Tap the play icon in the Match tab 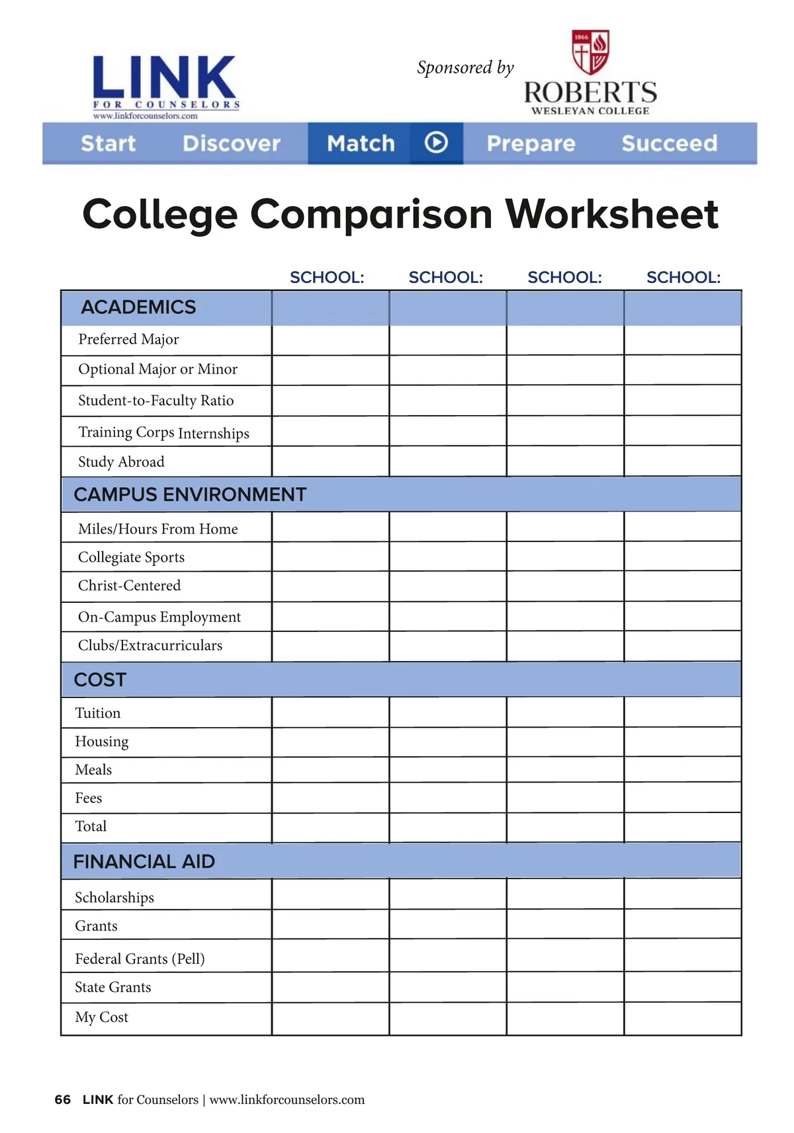(436, 142)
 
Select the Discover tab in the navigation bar (232, 143)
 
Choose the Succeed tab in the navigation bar (669, 143)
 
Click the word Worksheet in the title (612, 214)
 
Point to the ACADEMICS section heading (138, 307)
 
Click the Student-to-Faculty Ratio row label (155, 401)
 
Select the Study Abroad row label (121, 462)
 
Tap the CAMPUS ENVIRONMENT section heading (190, 494)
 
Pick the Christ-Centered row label (129, 586)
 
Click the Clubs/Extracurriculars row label (150, 646)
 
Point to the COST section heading (100, 680)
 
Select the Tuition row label (98, 713)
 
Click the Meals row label (93, 770)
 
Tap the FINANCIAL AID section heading (144, 861)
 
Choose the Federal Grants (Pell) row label (140, 958)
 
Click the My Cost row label (101, 1017)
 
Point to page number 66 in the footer (63, 1100)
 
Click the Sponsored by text (465, 67)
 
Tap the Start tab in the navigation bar (108, 143)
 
